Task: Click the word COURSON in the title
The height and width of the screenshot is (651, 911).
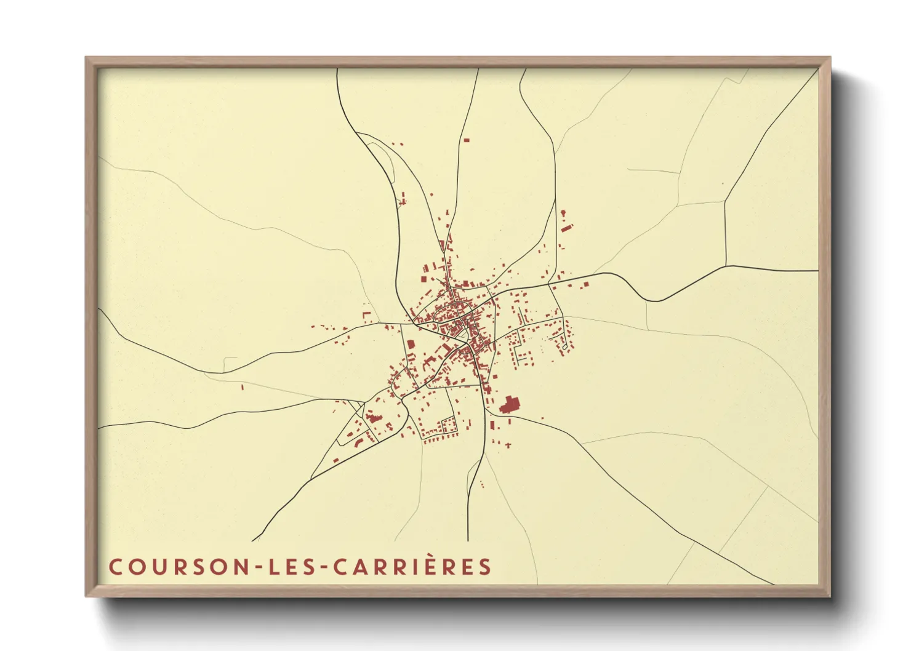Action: coord(178,567)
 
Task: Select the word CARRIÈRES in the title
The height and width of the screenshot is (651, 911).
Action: coord(412,567)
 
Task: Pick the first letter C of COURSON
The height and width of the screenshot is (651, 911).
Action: coord(115,567)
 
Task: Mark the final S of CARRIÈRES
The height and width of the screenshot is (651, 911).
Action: coord(486,567)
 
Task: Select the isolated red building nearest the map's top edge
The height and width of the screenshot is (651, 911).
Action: coord(466,141)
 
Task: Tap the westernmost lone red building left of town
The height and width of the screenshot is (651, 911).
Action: coord(242,387)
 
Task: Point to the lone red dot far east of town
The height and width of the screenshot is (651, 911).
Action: coord(723,183)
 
